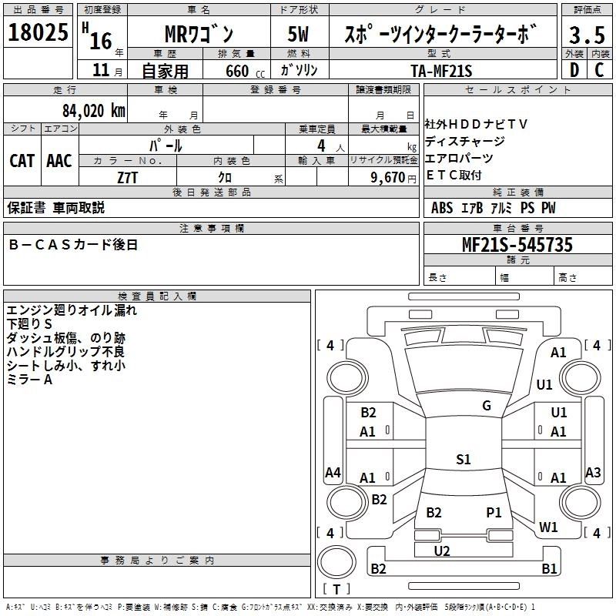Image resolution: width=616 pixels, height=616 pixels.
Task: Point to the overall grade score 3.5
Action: point(585,35)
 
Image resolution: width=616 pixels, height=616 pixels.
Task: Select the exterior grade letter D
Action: point(574,70)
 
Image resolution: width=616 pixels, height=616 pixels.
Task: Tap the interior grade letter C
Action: point(598,70)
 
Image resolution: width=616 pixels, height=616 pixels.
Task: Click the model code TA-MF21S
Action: point(441,71)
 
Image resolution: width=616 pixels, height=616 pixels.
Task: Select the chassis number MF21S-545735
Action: point(517,245)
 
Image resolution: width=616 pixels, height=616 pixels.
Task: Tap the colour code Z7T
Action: point(128,177)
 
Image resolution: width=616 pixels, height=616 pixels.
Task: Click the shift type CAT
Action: point(22,160)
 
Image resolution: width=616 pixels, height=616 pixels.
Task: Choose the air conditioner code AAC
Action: point(59,160)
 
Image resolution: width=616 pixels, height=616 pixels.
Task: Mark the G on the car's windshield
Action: point(487,406)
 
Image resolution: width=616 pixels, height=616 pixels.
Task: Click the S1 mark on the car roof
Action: point(463,460)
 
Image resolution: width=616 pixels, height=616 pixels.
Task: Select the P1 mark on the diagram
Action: point(494,512)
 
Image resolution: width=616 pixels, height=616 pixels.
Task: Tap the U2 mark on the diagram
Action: point(442,551)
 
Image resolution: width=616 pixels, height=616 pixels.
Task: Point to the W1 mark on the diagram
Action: point(548,527)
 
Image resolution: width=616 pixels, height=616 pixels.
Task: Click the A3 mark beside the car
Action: point(593,473)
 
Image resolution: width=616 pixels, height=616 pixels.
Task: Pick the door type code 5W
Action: point(299,35)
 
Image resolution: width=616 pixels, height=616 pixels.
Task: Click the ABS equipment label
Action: point(442,208)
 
